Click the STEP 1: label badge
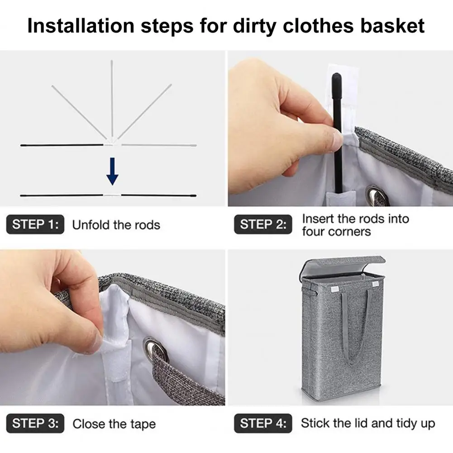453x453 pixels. pyautogui.click(x=35, y=224)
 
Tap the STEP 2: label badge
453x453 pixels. pyautogui.click(x=263, y=224)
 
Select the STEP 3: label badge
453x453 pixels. pyautogui.click(x=35, y=423)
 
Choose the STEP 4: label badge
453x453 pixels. pyautogui.click(x=263, y=423)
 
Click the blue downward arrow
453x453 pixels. pyautogui.click(x=112, y=171)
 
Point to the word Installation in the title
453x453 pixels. pyautogui.click(x=81, y=26)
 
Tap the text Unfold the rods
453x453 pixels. pyautogui.click(x=116, y=225)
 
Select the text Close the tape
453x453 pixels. pyautogui.click(x=114, y=424)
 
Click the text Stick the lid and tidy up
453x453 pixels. pyautogui.click(x=368, y=423)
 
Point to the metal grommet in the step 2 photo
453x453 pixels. pyautogui.click(x=377, y=196)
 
